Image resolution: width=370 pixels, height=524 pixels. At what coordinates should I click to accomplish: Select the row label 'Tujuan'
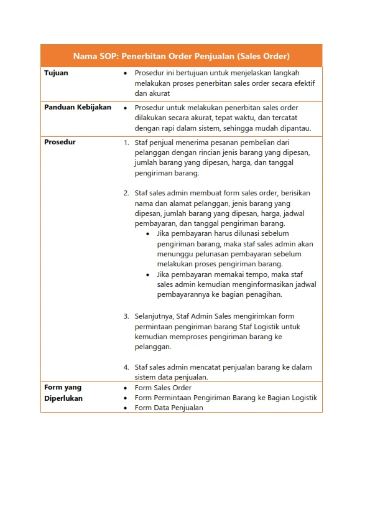click(56, 73)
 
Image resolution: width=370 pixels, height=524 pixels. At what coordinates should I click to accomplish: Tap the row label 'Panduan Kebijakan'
click(78, 107)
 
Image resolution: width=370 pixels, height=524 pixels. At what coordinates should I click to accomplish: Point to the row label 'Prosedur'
click(60, 142)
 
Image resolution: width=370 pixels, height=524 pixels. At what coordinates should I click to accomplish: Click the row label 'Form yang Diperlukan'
click(63, 393)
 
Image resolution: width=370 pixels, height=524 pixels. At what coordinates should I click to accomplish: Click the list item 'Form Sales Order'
click(163, 388)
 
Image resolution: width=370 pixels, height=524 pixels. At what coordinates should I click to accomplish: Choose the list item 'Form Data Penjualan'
click(169, 408)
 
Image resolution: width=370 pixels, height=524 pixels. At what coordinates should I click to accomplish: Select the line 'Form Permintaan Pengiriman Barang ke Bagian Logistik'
click(226, 398)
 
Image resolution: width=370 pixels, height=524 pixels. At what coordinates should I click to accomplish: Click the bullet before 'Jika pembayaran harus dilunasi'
click(147, 234)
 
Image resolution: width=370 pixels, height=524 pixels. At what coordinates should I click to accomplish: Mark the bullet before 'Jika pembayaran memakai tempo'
click(147, 274)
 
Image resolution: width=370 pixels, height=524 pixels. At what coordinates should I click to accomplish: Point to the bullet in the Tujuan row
click(126, 73)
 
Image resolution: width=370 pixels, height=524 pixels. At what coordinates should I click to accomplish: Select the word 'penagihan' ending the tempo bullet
click(265, 294)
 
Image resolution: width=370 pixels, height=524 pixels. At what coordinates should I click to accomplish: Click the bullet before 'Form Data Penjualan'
click(126, 408)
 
